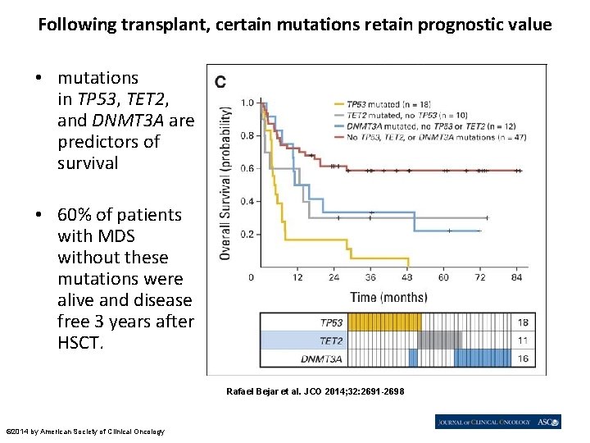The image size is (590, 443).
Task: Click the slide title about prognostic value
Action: pos(295,25)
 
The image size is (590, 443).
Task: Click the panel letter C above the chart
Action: pos(220,81)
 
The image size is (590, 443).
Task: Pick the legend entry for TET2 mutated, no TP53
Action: pos(398,116)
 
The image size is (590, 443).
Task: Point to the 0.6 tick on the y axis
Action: pos(247,169)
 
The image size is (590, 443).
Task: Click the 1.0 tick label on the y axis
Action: pos(247,103)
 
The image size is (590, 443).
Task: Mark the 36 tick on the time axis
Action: pos(370,277)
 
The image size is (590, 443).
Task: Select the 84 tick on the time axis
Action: pos(517,277)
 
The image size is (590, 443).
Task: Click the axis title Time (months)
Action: pos(388,296)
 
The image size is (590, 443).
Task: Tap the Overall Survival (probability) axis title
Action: pos(225,182)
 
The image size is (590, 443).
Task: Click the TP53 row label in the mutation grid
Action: pos(331,322)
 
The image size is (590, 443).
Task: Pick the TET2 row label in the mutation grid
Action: pos(331,340)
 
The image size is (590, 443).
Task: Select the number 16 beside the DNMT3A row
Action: pos(523,359)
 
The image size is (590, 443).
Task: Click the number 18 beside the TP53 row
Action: pos(523,322)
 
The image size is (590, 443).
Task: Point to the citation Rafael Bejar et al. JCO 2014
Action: pos(315,391)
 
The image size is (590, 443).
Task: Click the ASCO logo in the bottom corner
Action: pos(549,422)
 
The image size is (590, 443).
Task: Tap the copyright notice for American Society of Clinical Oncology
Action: pos(85,432)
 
